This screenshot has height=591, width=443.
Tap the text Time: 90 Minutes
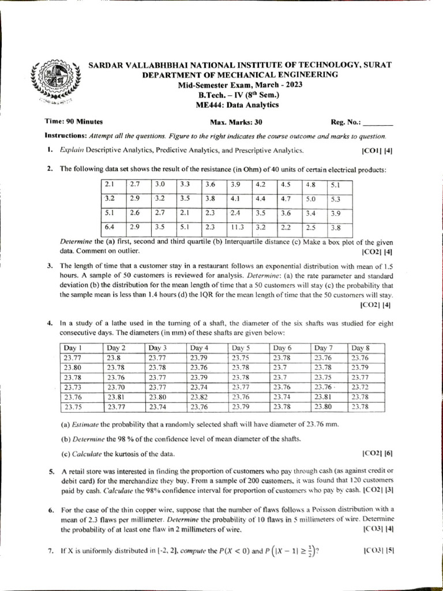[x=74, y=122]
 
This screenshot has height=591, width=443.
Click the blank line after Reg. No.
[x=379, y=123]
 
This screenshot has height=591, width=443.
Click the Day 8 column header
[x=361, y=348]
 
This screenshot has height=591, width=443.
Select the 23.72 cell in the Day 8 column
[x=361, y=387]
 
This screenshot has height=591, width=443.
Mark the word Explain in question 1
[x=72, y=150]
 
